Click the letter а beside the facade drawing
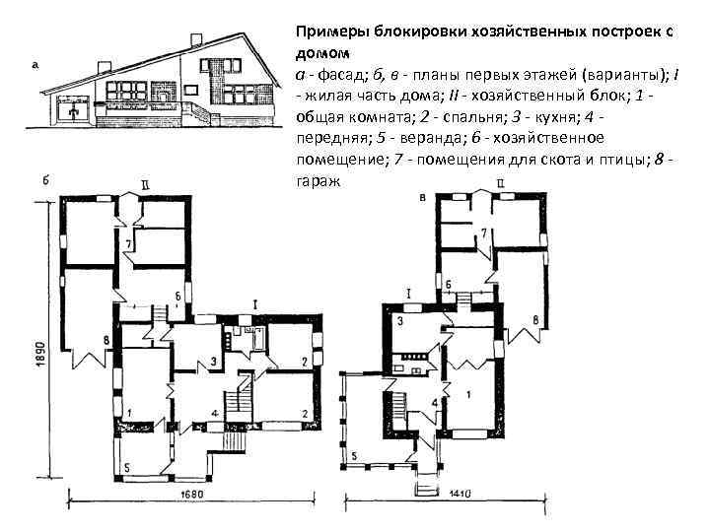[x=35, y=66]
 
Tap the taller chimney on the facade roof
[x=194, y=41]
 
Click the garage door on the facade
[x=74, y=110]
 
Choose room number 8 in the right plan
[x=534, y=320]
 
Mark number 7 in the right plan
[x=483, y=233]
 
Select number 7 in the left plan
[x=128, y=244]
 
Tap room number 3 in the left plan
[x=213, y=363]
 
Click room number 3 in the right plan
[x=400, y=321]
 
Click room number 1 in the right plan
[x=467, y=393]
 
